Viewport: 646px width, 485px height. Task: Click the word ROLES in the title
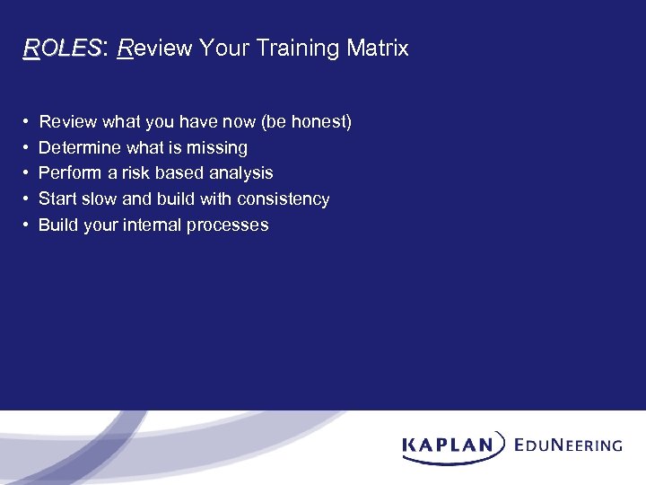pyautogui.click(x=63, y=48)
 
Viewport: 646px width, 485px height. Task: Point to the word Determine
pyautogui.click(x=75, y=147)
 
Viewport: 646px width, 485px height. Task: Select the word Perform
pyautogui.click(x=66, y=172)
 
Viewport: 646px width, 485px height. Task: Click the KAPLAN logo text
pyautogui.click(x=447, y=445)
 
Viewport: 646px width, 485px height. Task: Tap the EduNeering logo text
pyautogui.click(x=569, y=445)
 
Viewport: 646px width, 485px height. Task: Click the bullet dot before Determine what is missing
pyautogui.click(x=27, y=147)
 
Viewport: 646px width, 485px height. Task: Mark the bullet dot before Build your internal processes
pyautogui.click(x=27, y=225)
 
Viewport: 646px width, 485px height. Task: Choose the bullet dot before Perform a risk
pyautogui.click(x=27, y=172)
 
